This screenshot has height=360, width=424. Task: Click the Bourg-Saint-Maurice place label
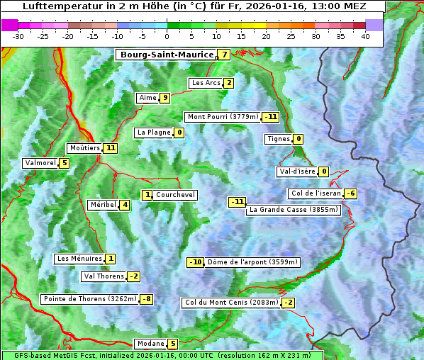167,55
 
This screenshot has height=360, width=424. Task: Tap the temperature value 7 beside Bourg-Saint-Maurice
224,55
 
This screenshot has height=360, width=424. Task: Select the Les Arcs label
206,83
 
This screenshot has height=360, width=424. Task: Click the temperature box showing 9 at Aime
164,98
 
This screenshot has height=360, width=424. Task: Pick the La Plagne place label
153,133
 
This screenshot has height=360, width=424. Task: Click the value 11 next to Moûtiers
110,148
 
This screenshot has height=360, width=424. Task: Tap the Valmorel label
40,163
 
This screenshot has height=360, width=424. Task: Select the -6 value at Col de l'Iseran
350,194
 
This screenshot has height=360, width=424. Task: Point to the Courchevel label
175,195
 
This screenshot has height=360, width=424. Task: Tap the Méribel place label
103,205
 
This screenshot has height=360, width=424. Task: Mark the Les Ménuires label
79,259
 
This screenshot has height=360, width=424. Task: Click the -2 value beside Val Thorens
133,276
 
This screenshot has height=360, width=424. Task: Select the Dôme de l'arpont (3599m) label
252,262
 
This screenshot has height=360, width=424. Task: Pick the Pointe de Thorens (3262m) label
89,299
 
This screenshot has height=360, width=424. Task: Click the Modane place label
151,344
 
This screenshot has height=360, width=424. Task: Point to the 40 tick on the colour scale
365,36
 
